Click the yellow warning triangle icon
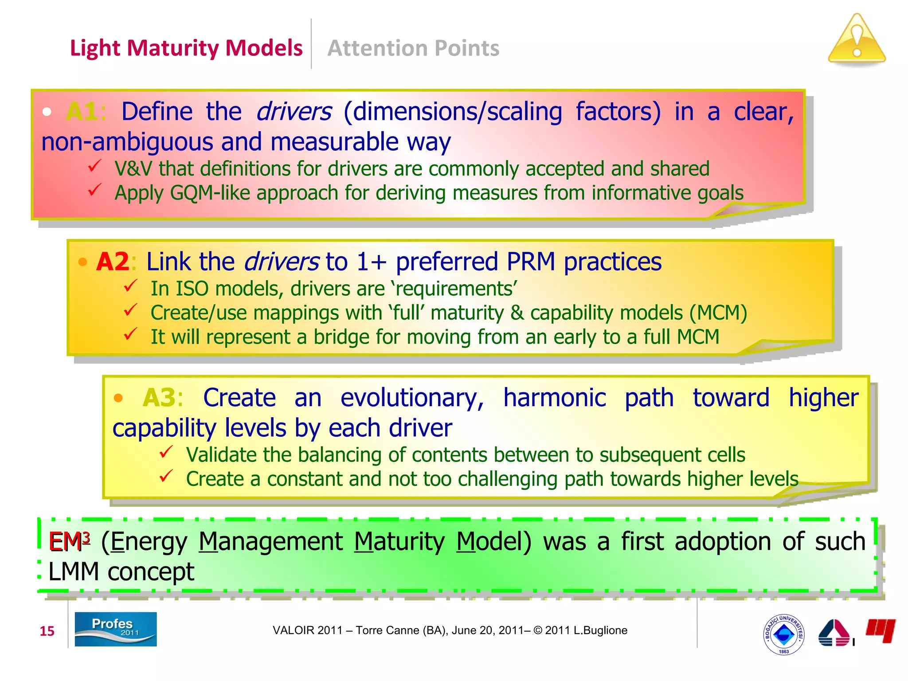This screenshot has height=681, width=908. coord(857,41)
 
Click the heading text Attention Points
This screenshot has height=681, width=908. coord(413,48)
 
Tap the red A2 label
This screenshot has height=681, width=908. coord(113,262)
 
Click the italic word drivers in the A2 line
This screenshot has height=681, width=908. coord(281,262)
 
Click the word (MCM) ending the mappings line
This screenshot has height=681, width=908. coord(718,313)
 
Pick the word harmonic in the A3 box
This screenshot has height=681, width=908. coord(554,397)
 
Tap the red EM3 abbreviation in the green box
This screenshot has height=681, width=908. coord(69,541)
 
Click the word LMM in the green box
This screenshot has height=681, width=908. coord(73,571)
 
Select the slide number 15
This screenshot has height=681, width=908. coord(47,631)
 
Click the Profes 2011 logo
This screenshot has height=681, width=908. coord(115,629)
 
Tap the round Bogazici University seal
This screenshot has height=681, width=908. coord(783,634)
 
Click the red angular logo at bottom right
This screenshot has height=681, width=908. coord(881,630)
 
